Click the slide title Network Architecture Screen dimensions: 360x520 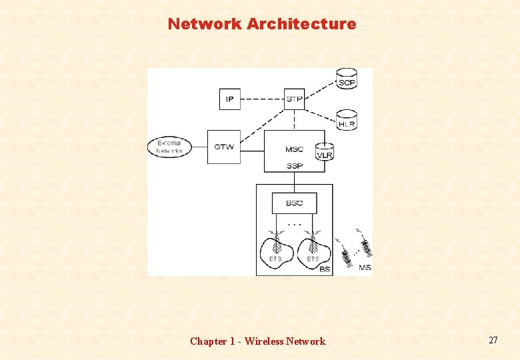click(262, 24)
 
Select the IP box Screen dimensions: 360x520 click(229, 99)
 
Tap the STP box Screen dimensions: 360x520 click(294, 99)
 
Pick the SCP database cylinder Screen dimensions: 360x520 click(347, 79)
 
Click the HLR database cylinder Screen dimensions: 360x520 click(347, 121)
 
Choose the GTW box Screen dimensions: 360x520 click(224, 147)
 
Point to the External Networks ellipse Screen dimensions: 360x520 click(169, 147)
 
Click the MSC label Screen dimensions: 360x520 click(294, 149)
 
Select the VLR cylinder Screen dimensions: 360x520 click(325, 153)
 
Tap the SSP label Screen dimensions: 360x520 click(294, 166)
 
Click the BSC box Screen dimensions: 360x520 click(294, 203)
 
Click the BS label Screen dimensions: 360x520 click(325, 269)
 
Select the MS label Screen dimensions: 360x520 click(365, 267)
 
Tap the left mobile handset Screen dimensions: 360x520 click(346, 256)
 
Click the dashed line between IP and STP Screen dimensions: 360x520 click(261, 99)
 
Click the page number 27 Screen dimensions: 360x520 click(493, 340)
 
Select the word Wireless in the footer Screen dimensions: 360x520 click(264, 341)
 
